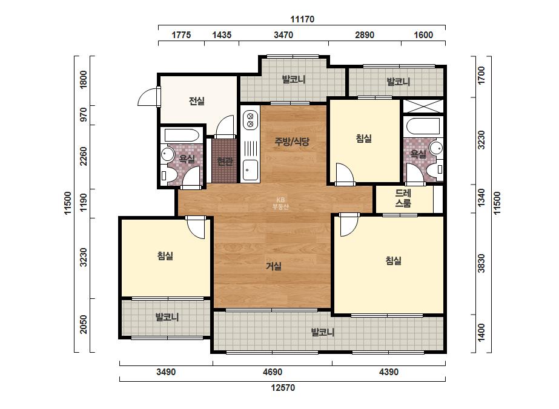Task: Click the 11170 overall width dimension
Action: [302, 19]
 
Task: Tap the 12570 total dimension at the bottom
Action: [283, 388]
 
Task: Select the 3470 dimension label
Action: [283, 35]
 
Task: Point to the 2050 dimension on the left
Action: [83, 324]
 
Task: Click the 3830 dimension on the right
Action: [481, 263]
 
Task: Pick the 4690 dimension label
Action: [273, 372]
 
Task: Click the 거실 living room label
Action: [274, 266]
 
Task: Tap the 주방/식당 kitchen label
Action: [292, 142]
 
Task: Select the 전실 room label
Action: [197, 101]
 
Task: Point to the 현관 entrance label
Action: [225, 162]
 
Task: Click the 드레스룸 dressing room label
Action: [403, 198]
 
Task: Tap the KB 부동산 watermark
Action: [280, 203]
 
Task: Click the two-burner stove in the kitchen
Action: [250, 120]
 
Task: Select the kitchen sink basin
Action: [250, 170]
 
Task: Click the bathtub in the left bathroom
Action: [182, 136]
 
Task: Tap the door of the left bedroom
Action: [196, 227]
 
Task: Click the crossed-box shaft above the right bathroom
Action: [423, 106]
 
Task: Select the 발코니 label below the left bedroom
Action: [167, 316]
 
